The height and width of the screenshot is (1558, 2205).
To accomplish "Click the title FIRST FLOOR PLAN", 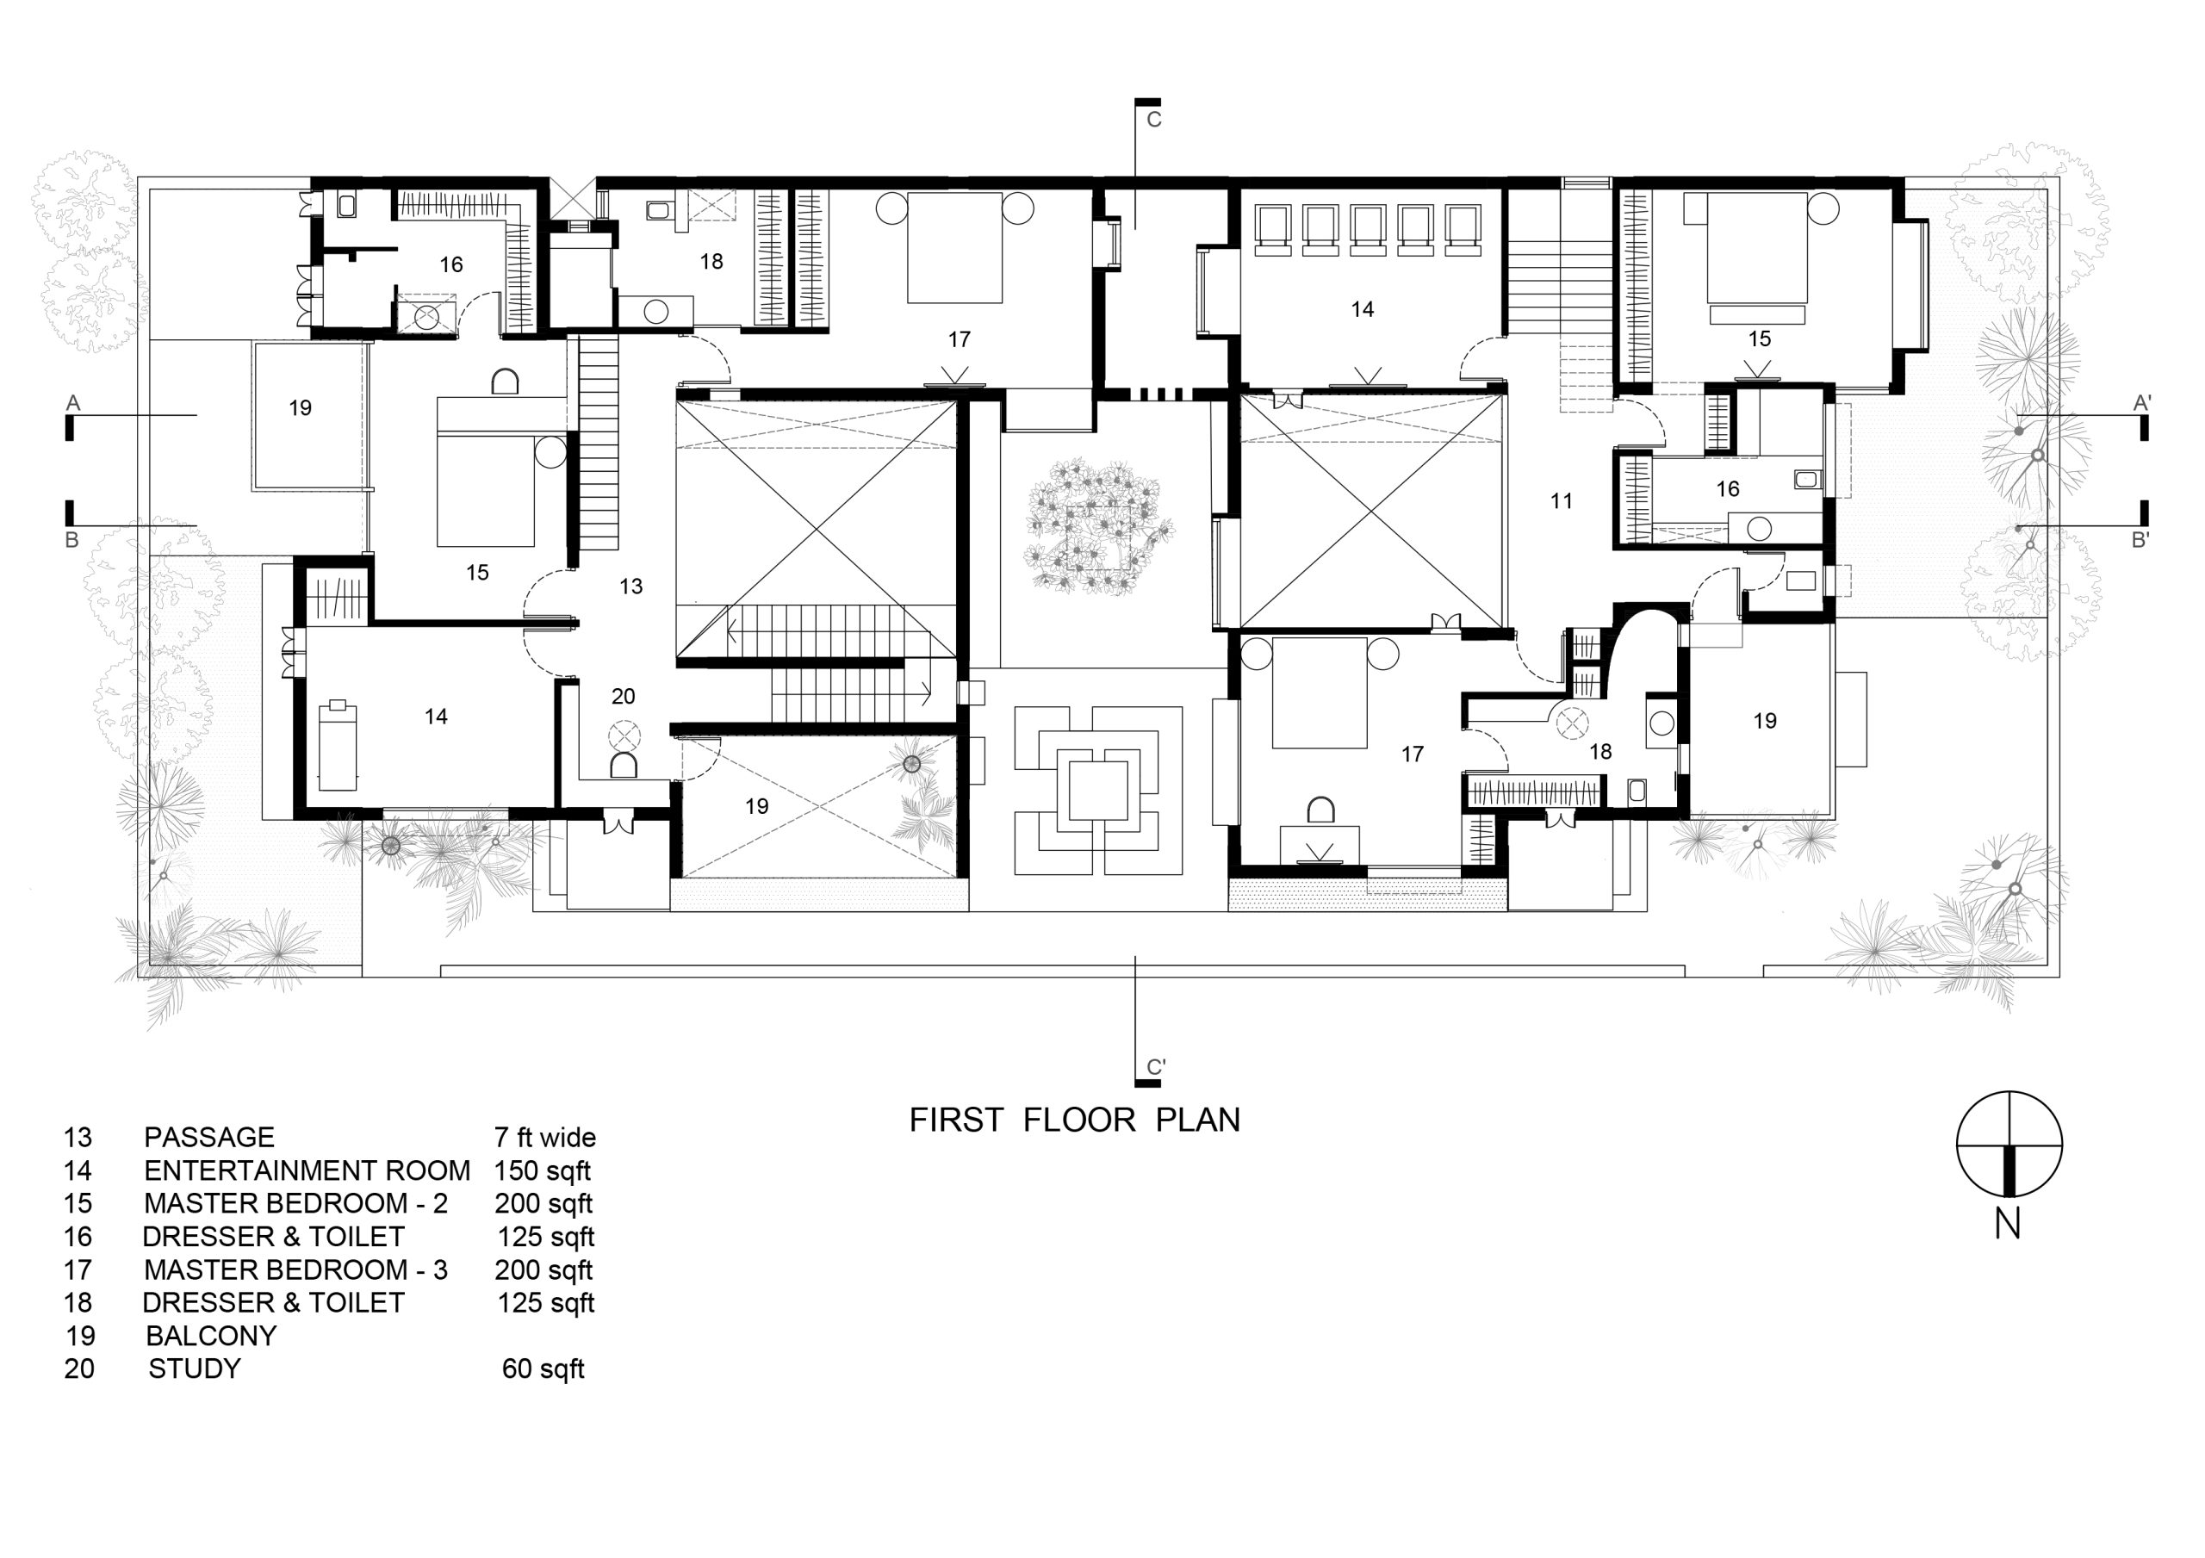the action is point(1075,1120).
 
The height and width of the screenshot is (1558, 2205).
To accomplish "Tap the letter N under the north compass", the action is point(2007,1225).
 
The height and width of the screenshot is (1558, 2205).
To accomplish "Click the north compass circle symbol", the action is point(2009,1145).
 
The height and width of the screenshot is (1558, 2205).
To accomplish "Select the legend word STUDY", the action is point(194,1369).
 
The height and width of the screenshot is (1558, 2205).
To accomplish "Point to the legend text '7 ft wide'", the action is point(544,1139).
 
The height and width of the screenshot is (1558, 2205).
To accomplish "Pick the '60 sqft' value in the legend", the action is point(543,1369).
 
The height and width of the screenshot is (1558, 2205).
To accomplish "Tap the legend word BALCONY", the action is point(211,1336).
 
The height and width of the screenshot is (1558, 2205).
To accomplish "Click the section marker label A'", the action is point(2140,403).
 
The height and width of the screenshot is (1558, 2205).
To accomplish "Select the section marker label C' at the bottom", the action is point(1156,1067).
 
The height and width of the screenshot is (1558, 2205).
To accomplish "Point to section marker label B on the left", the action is point(71,540).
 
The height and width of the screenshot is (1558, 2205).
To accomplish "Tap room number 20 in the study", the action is point(624,697).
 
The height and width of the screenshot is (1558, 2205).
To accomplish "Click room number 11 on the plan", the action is point(1561,500).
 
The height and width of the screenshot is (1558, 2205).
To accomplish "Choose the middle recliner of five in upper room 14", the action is point(1368,231).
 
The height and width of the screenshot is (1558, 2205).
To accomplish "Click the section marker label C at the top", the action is point(1154,120).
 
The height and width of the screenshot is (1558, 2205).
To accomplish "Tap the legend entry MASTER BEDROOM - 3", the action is point(295,1269).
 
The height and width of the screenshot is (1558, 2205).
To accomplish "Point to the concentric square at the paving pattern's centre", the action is point(1097,790).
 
